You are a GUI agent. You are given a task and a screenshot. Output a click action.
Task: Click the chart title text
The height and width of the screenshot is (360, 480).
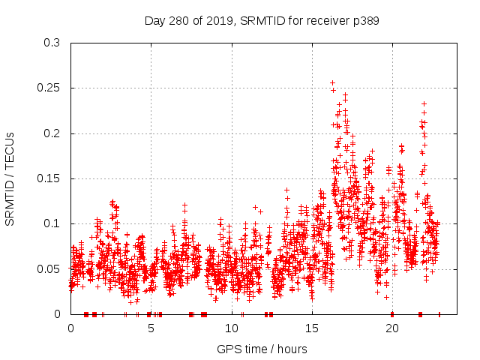261,21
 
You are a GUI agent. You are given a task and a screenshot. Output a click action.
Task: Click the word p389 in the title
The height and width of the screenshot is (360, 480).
364,21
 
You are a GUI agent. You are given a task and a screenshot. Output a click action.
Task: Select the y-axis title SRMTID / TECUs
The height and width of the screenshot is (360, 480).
10,178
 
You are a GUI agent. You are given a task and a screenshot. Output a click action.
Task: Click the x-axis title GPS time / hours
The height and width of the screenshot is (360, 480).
261,348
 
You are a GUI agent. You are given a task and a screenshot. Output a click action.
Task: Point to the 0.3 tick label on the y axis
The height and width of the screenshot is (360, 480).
52,43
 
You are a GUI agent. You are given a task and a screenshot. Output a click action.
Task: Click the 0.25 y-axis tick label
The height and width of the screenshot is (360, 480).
49,88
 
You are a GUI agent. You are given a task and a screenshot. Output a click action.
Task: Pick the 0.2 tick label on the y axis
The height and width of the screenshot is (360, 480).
52,133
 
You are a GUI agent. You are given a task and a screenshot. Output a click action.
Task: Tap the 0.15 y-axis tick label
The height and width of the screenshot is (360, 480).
49,178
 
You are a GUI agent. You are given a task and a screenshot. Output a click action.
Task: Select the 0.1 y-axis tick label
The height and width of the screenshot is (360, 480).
52,223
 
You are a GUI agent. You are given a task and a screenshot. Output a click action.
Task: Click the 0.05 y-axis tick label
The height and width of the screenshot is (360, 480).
49,268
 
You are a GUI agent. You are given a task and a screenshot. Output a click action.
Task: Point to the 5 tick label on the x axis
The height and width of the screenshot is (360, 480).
151,328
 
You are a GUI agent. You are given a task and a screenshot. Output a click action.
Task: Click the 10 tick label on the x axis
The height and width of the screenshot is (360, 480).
232,328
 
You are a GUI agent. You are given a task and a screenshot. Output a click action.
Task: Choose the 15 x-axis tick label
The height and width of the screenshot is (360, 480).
312,328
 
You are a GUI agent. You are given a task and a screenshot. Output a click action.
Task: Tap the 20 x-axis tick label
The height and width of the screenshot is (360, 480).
392,328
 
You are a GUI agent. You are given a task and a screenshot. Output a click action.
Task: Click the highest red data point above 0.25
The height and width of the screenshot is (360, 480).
332,83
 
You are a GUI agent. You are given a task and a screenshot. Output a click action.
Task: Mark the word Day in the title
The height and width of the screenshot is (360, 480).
155,21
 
